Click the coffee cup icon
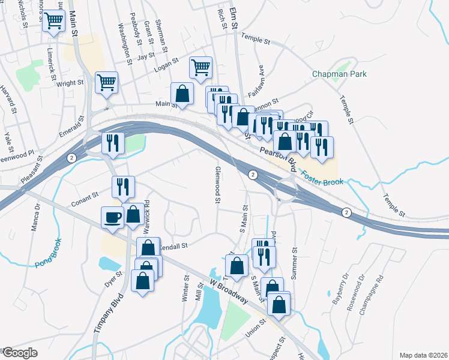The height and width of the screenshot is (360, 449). [113, 217]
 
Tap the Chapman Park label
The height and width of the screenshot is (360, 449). [339, 74]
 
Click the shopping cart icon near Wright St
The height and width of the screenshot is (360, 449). [106, 82]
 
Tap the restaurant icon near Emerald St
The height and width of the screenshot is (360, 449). [112, 142]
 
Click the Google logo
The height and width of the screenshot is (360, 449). [20, 353]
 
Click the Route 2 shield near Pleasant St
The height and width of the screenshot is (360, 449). [71, 158]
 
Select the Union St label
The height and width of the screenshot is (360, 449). [255, 329]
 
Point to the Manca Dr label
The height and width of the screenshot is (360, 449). [35, 217]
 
